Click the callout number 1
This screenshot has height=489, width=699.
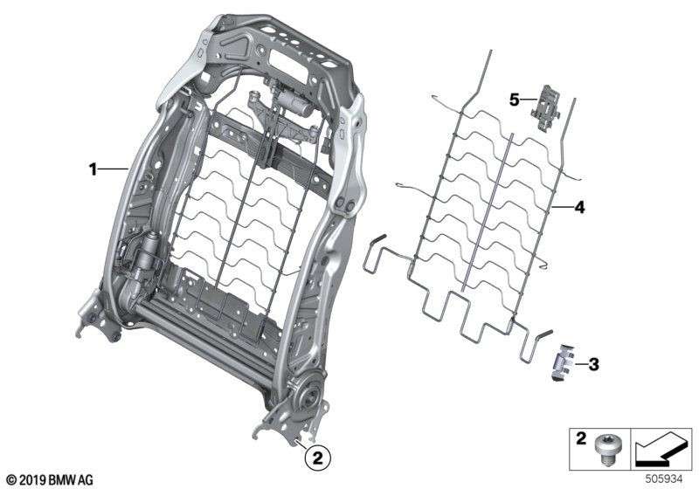(x=93, y=169)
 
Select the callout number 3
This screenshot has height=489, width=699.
(x=595, y=362)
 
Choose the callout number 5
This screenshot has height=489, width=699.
(x=515, y=100)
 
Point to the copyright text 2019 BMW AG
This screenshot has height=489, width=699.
(x=50, y=479)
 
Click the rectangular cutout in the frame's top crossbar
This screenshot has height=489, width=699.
(x=301, y=62)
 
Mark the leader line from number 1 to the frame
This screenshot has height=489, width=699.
(x=114, y=169)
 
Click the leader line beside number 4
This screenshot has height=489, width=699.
(x=560, y=208)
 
